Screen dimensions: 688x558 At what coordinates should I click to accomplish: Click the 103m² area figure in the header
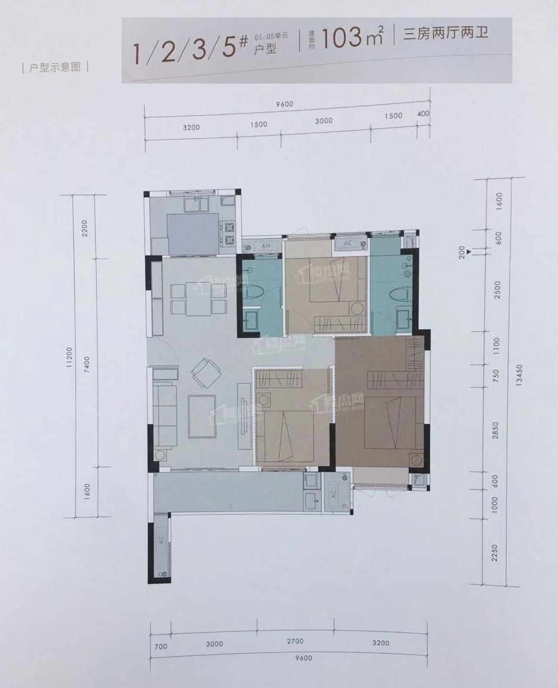(352, 37)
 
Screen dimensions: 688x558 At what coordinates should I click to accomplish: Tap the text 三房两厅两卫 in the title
(446, 34)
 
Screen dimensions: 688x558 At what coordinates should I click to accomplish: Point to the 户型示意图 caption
(54, 67)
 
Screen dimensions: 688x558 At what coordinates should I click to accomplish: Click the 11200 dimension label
(69, 359)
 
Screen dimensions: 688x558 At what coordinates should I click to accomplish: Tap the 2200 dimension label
(84, 228)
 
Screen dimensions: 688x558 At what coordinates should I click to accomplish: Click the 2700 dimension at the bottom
(295, 641)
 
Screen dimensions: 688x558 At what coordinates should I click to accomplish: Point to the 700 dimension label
(161, 647)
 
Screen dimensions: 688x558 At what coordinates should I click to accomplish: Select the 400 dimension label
(423, 114)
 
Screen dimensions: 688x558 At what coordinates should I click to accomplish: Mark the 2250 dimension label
(494, 553)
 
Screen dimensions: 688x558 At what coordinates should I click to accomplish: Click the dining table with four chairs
(198, 298)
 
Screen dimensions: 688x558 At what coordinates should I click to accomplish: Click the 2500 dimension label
(498, 290)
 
